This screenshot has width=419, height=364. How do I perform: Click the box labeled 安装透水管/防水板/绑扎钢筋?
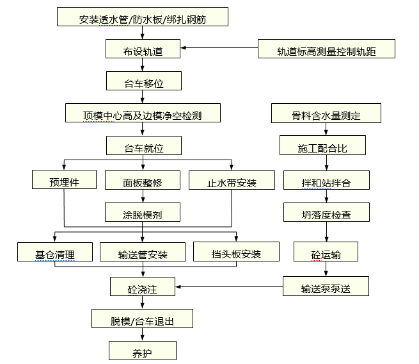[143, 17]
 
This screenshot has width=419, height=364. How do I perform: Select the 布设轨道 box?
[143, 49]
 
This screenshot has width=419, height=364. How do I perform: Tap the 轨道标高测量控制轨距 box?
[326, 49]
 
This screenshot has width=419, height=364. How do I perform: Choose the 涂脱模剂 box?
[143, 212]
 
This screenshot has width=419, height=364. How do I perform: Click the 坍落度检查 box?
[326, 212]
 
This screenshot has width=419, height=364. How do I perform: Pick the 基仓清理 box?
[55, 252]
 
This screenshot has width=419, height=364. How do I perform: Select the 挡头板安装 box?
[236, 252]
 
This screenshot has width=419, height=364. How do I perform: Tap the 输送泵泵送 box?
[326, 286]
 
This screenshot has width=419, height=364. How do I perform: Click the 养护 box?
[143, 351]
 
